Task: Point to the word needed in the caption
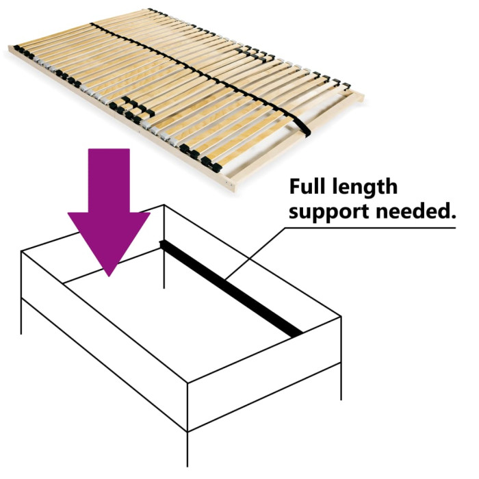(418, 211)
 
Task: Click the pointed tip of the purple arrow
(109, 274)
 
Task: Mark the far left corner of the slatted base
(10, 50)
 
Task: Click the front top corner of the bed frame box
(187, 387)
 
